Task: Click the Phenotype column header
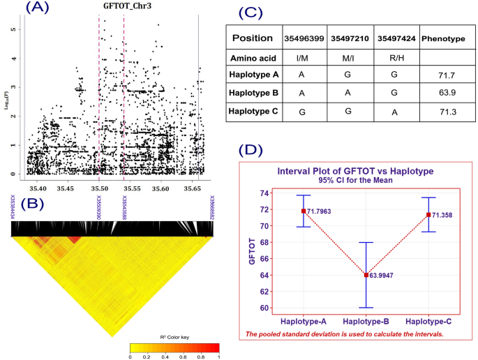pyautogui.click(x=444, y=38)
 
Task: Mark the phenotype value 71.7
pyautogui.click(x=444, y=75)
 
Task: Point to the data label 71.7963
pyautogui.click(x=322, y=211)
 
